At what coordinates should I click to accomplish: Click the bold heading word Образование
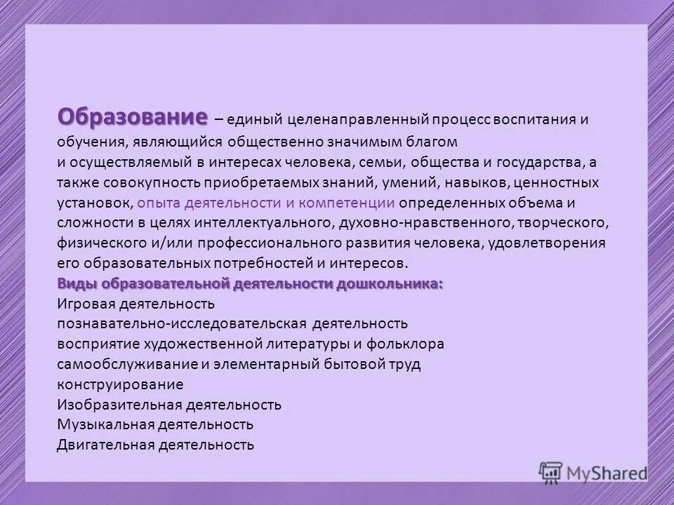coord(133,116)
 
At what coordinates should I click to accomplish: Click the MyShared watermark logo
coord(593,472)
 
